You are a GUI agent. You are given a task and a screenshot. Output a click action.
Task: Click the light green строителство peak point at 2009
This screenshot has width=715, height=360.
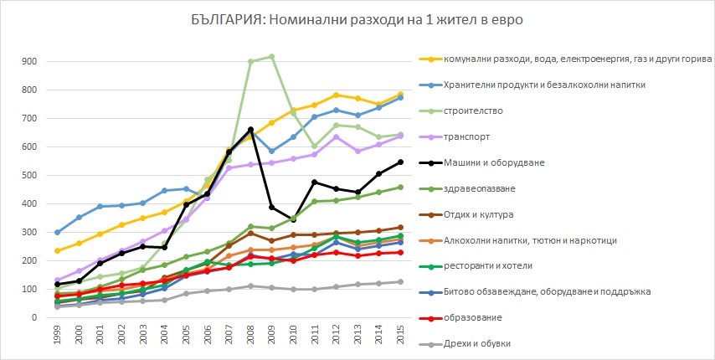tap(272, 56)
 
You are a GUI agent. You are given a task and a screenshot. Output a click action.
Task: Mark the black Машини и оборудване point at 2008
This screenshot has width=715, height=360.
tap(250, 130)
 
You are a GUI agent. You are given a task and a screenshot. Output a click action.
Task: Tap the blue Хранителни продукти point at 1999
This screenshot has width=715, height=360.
tap(57, 233)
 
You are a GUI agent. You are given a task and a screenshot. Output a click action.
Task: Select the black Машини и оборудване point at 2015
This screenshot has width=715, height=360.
tap(401, 162)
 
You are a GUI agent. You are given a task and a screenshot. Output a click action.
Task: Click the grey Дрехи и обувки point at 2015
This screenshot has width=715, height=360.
tap(401, 281)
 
